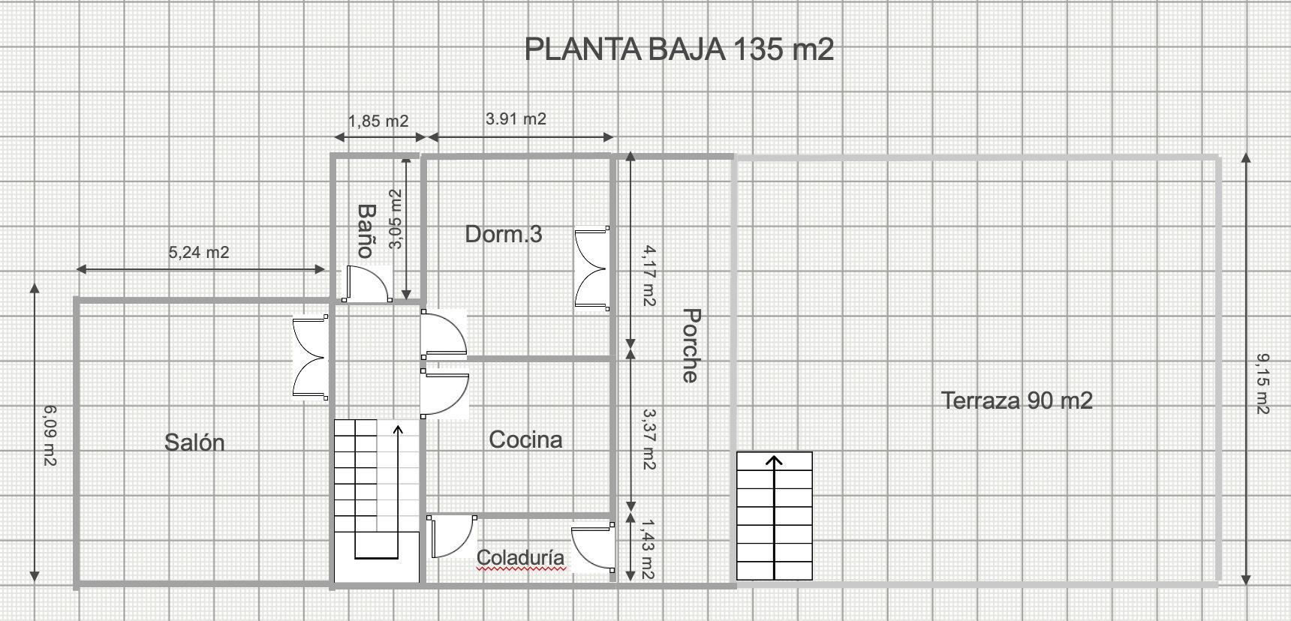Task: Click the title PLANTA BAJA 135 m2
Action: click(x=679, y=49)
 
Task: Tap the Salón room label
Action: click(x=194, y=442)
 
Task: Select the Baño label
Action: click(x=366, y=230)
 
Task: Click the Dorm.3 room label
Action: click(x=504, y=234)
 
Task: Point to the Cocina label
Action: click(x=525, y=439)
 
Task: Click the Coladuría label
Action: click(x=520, y=558)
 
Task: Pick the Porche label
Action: click(x=691, y=345)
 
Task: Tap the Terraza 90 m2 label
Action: click(x=1017, y=400)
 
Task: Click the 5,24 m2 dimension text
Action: click(x=199, y=253)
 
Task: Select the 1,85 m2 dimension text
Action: click(x=378, y=121)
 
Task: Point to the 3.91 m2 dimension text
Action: click(x=516, y=118)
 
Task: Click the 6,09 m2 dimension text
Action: click(x=50, y=436)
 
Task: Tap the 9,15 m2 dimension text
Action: click(x=1262, y=384)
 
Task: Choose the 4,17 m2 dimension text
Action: click(x=648, y=276)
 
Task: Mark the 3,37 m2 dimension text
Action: click(x=649, y=439)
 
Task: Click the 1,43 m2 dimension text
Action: click(x=647, y=550)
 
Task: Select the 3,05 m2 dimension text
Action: click(x=396, y=218)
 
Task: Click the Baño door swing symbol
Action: click(x=367, y=283)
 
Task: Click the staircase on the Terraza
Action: click(x=774, y=516)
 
